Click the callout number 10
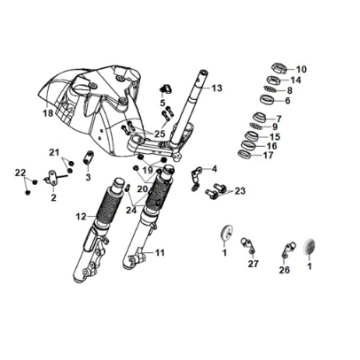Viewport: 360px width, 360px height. pos(304,68)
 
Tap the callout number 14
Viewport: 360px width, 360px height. pos(297,79)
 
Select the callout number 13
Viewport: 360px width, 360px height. pos(217,88)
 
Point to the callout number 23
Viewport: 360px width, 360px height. pos(240,190)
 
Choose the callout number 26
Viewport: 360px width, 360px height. pos(285,270)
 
